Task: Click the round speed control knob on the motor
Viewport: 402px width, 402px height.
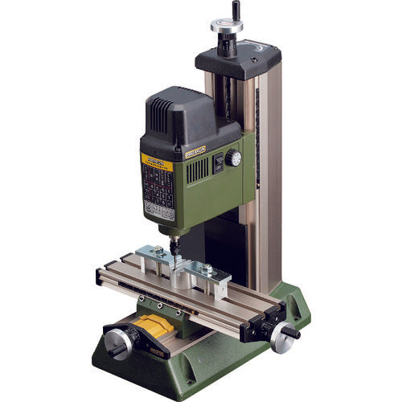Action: (233, 158)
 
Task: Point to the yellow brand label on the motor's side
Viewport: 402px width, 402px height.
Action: (156, 158)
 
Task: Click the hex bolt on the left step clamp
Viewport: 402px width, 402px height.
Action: (158, 252)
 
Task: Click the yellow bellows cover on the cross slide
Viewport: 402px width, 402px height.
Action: (162, 327)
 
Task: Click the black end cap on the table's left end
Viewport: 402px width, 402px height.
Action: (99, 277)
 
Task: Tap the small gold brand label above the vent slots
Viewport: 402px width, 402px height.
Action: (195, 149)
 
